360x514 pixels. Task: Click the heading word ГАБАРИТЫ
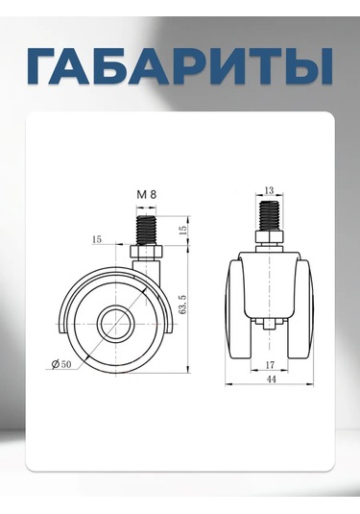(180, 65)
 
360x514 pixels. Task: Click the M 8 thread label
(147, 194)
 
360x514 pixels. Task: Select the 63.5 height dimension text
(182, 305)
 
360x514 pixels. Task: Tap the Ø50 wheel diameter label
(61, 364)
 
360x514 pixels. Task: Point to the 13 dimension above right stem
(269, 190)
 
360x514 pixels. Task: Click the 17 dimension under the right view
(271, 364)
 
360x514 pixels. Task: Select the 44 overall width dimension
(272, 379)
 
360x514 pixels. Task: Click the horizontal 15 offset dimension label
(97, 239)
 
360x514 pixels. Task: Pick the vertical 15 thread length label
(183, 230)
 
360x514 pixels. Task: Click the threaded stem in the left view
(146, 230)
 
